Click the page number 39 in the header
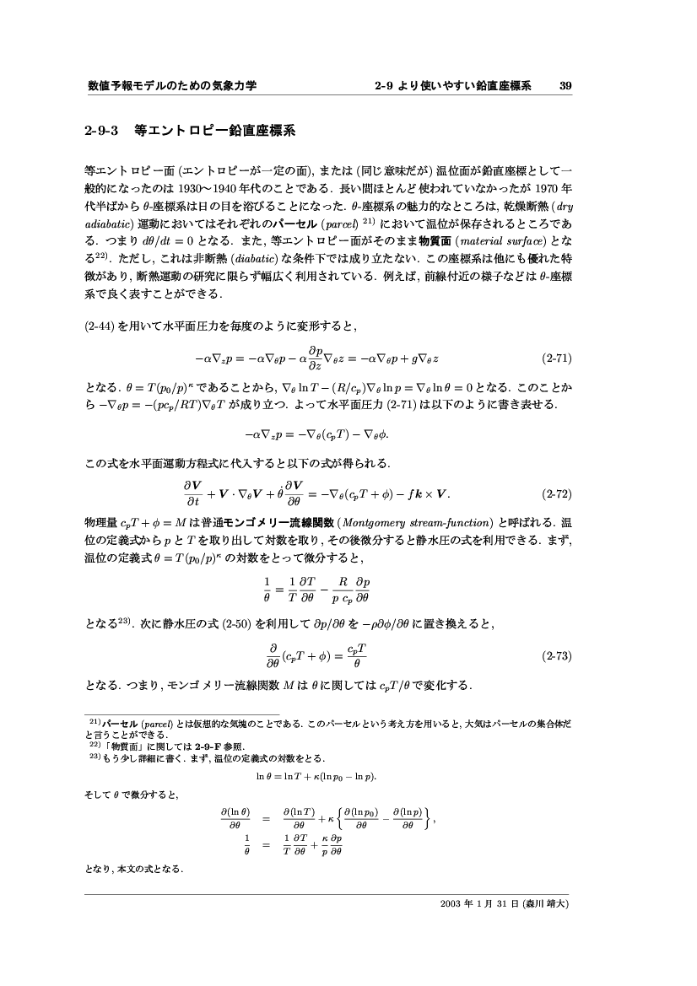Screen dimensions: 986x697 (566, 85)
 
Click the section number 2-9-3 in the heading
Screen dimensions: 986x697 (102, 132)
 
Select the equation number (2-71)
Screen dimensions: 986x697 (558, 358)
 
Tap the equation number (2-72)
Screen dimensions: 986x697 (558, 493)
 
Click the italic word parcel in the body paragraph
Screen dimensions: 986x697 (338, 223)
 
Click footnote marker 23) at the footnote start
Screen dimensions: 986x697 (95, 757)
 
